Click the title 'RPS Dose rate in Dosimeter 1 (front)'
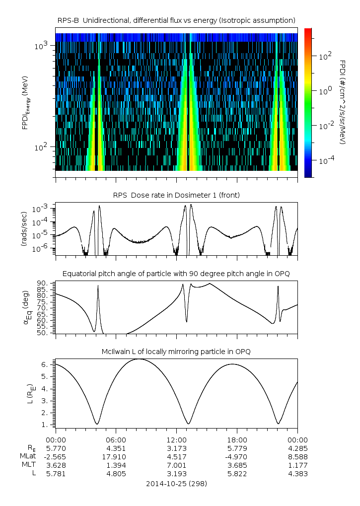(176, 195)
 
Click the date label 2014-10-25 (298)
(176, 483)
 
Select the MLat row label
(27, 456)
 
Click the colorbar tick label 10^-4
(325, 161)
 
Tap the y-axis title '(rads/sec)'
(23, 228)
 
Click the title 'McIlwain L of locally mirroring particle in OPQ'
(176, 352)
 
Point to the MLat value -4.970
(237, 456)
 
